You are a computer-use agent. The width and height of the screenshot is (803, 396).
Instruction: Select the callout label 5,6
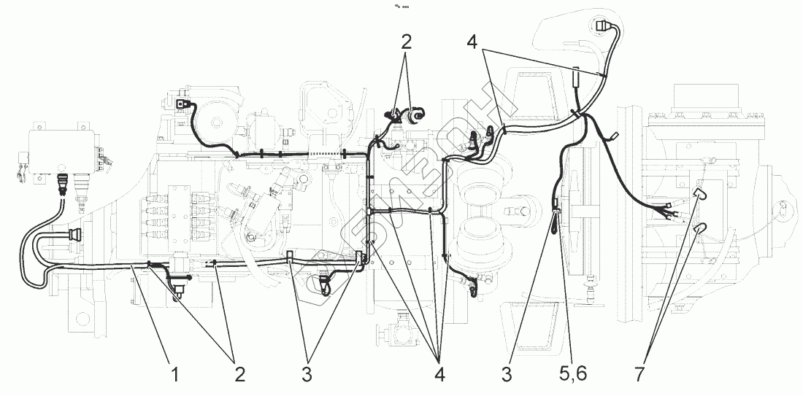pos(572,374)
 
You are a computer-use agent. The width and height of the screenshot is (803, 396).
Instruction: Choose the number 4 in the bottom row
pos(439,374)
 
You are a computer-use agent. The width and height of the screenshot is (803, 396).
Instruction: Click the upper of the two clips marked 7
pos(698,193)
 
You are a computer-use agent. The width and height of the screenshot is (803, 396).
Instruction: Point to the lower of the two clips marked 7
pos(699,228)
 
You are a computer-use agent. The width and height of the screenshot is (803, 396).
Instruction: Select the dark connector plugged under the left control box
pos(64,182)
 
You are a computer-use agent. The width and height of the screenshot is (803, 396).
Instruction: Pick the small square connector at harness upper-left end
pos(179,105)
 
